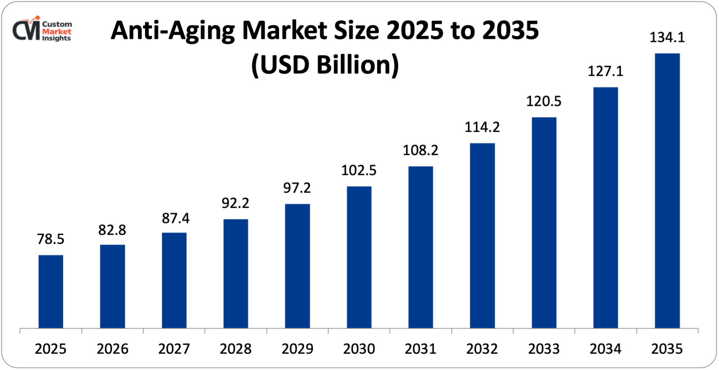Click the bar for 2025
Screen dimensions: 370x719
51,291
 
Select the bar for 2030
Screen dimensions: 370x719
359,257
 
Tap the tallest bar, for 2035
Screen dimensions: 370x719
667,191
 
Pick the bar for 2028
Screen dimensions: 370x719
235,273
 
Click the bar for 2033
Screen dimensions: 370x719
544,223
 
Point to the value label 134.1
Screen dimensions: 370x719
667,37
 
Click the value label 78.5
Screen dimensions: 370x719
50,239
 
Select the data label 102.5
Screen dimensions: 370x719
358,170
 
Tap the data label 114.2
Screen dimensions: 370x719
482,127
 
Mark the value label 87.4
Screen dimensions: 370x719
175,218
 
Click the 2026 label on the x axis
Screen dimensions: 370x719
112,349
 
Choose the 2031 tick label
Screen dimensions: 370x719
420,349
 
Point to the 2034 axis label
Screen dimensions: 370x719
605,349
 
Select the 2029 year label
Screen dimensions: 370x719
297,349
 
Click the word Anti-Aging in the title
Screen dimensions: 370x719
173,31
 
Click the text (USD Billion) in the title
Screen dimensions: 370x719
325,65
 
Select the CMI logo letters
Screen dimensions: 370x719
26,30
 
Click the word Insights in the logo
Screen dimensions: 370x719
56,38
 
